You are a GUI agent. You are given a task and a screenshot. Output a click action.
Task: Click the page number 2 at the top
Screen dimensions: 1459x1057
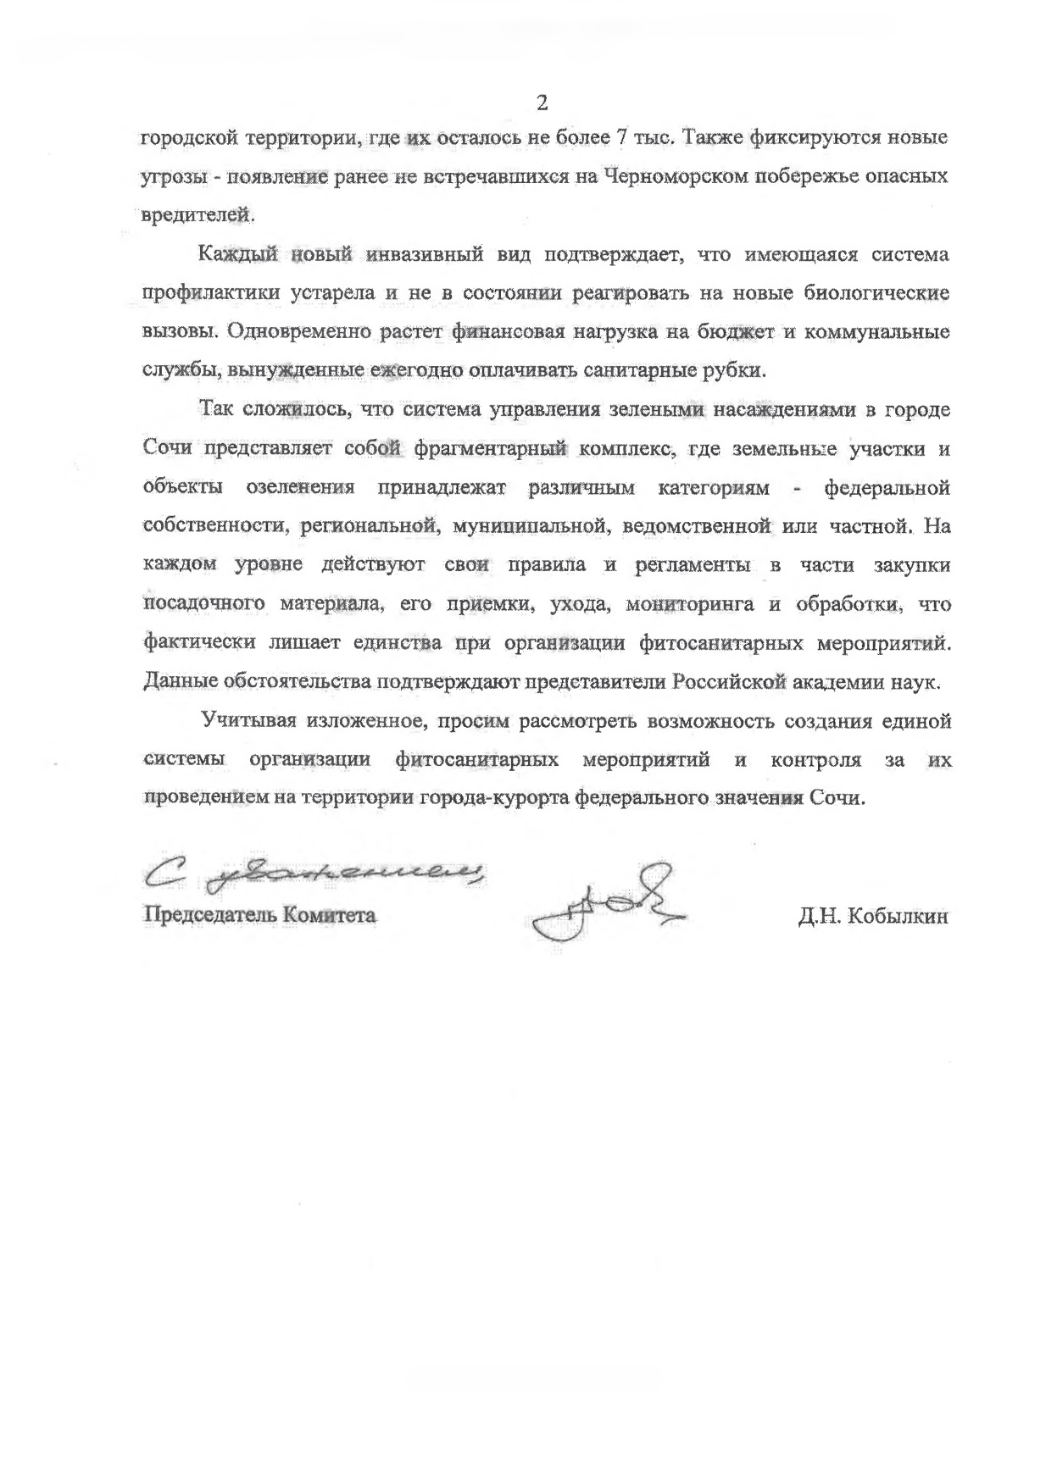[542, 103]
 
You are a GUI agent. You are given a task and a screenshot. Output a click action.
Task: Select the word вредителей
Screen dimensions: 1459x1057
[197, 214]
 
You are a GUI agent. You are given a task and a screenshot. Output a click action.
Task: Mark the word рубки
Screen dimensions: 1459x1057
[737, 370]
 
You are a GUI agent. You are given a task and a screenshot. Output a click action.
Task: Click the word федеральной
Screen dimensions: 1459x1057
[887, 488]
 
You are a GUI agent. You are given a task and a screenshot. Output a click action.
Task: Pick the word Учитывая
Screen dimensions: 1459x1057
[249, 721]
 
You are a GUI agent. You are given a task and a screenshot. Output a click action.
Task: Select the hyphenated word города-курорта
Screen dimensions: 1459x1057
[495, 798]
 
